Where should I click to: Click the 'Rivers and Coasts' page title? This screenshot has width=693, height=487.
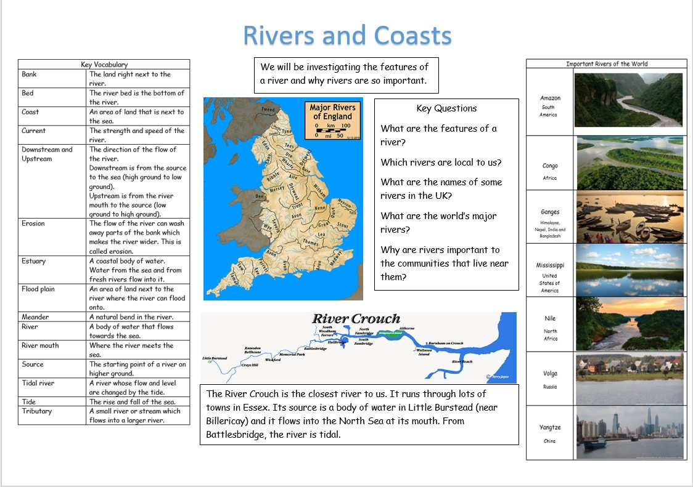tap(347, 36)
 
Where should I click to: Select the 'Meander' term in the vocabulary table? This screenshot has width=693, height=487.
tap(35, 317)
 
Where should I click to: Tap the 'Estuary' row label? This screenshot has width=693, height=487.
tap(33, 261)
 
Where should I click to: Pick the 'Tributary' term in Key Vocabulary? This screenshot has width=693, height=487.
tap(37, 411)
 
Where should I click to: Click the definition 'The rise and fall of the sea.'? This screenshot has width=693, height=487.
tap(132, 402)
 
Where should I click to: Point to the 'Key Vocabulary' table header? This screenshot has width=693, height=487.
tap(104, 65)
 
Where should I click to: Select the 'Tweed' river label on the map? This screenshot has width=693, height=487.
tap(268, 110)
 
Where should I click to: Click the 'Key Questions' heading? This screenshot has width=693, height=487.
tap(446, 108)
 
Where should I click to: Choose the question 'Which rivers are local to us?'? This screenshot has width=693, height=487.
tap(441, 163)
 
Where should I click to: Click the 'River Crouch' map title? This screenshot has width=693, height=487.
tap(356, 319)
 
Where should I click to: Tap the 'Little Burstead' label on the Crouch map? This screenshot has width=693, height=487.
tap(215, 358)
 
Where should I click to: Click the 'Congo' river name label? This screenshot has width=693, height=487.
tap(550, 166)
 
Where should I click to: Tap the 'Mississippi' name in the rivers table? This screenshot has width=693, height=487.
tap(550, 265)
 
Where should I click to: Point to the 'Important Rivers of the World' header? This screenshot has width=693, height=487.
tap(607, 64)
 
